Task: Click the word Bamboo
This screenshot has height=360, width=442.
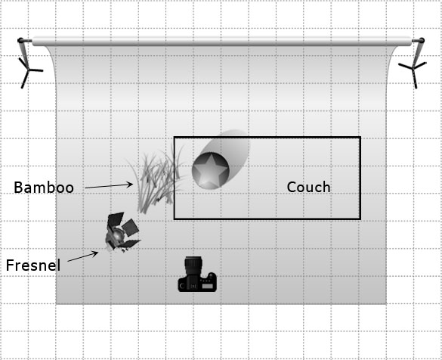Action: coord(44,188)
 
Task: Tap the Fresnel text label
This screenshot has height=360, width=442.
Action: coord(33,265)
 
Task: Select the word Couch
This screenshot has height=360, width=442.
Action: coord(308,187)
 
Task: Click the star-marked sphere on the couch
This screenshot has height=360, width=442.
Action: coord(210,171)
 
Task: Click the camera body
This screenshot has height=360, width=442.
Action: coord(197,282)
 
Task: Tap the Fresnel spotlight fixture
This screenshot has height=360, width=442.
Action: coord(122,232)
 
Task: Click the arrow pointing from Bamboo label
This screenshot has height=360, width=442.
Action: coord(109,186)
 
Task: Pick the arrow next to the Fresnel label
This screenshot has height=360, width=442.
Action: coord(83,256)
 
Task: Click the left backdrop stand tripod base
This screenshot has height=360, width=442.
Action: coord(29,72)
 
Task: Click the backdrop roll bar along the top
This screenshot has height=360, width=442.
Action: coord(221,41)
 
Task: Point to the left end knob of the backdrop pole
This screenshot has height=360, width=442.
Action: coord(20,40)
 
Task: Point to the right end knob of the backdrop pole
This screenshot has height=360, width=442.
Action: coord(422,41)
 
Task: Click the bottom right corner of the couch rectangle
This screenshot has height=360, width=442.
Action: coord(360,219)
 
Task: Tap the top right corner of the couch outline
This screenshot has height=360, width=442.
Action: coord(360,138)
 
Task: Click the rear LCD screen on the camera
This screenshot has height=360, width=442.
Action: coord(208,287)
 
